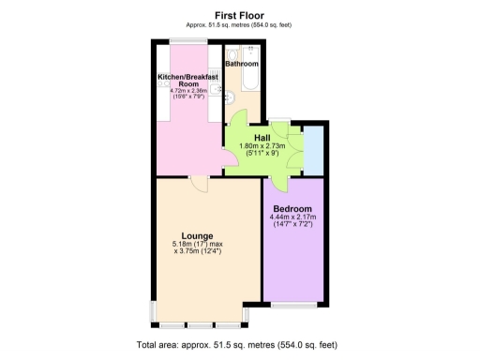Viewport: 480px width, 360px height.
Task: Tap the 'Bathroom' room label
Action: click(x=242, y=64)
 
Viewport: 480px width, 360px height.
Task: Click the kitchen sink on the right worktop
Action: click(x=217, y=91)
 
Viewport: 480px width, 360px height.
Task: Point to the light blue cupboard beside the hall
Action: click(x=311, y=150)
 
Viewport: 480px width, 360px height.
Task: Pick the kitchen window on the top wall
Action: click(x=183, y=39)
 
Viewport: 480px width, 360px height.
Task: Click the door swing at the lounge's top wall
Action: click(x=197, y=184)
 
